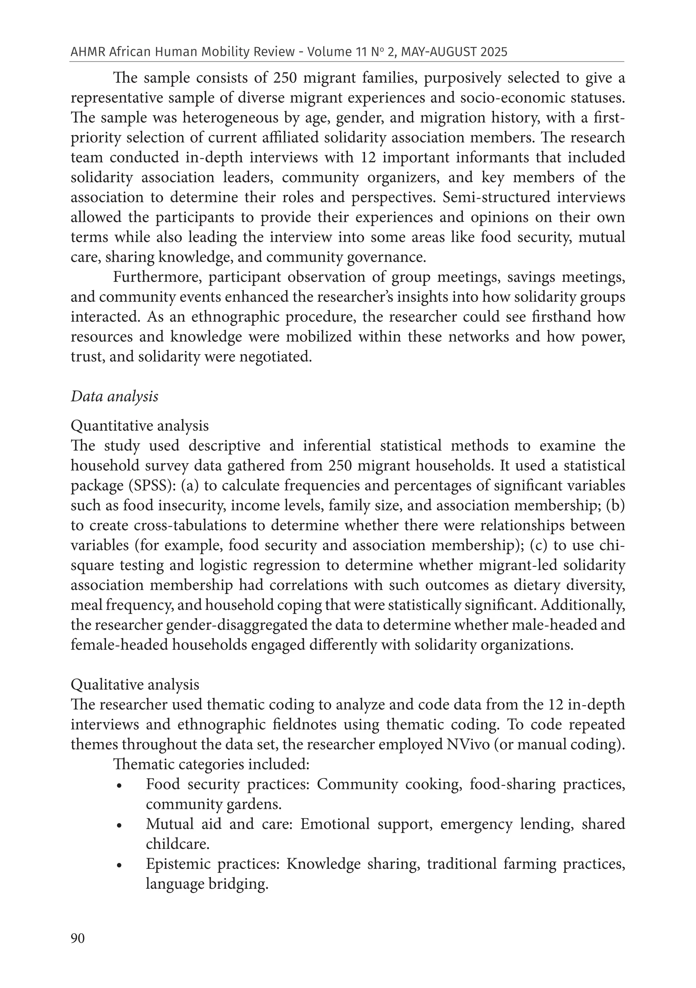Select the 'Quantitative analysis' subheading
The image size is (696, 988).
pos(139,426)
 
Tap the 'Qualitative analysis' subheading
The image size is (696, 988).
pos(135,684)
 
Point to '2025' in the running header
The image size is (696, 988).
pos(495,52)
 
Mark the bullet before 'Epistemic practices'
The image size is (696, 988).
pos(119,865)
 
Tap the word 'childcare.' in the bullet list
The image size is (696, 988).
pos(177,844)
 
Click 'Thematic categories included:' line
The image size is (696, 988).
pos(211,764)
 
